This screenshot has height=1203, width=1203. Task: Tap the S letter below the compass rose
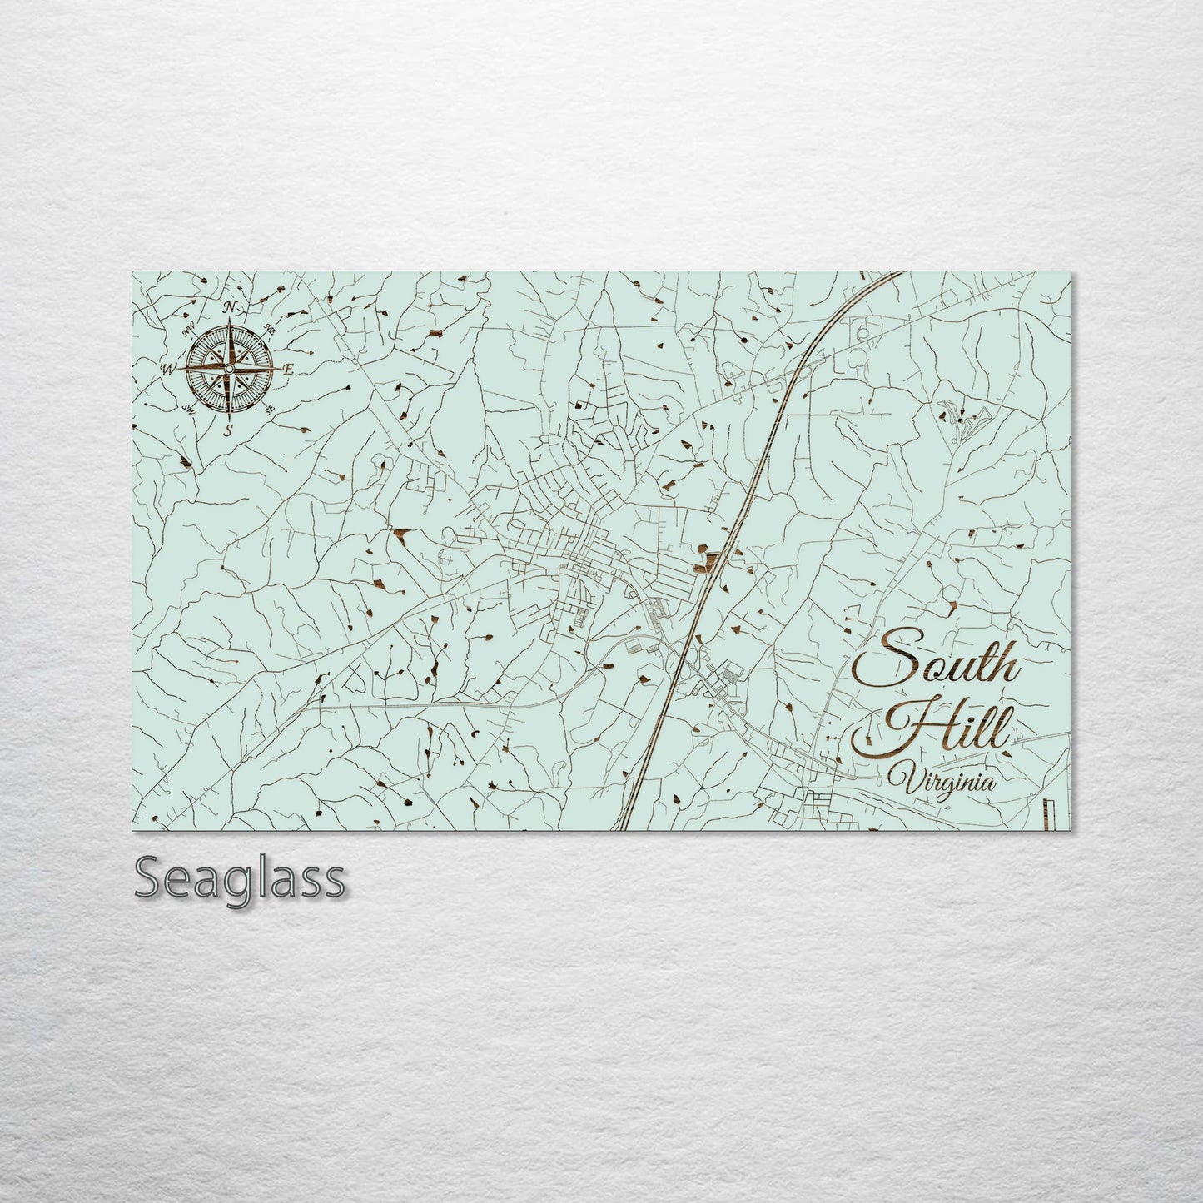point(229,430)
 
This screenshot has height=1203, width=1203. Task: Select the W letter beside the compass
point(169,369)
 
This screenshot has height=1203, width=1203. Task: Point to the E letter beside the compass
point(289,369)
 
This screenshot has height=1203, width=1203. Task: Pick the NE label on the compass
point(270,330)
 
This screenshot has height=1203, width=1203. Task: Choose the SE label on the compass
point(270,409)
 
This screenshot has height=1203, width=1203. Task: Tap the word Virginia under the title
point(940,783)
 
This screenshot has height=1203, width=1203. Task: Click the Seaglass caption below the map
point(239,878)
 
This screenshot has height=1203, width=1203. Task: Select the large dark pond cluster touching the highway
point(707,560)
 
